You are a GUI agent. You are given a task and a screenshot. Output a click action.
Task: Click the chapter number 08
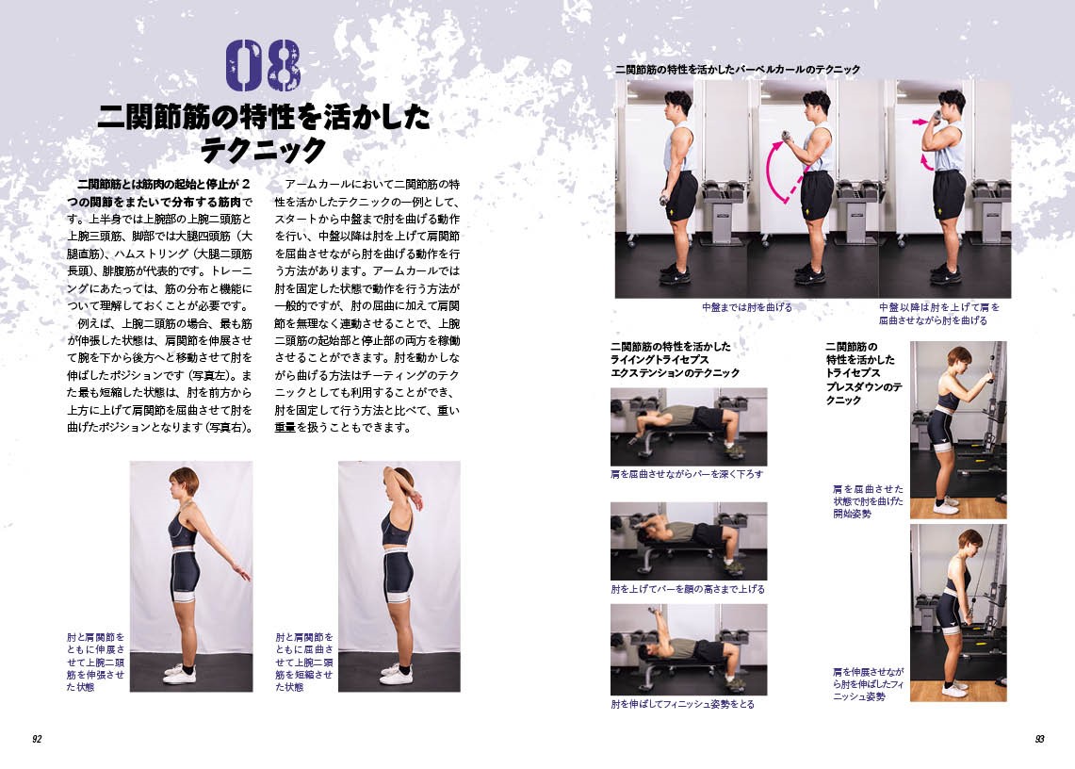(x=263, y=65)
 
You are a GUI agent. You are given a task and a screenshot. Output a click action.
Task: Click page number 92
(x=37, y=739)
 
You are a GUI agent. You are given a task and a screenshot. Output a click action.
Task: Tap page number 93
(x=1039, y=739)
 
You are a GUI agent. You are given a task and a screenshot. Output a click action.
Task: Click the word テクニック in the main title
(x=263, y=150)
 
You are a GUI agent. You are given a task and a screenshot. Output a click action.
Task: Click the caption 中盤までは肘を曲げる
(x=746, y=307)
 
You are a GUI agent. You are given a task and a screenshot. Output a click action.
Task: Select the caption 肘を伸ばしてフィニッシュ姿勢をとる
(x=682, y=704)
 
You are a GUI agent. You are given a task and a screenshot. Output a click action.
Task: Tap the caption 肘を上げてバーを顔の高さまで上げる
(x=688, y=589)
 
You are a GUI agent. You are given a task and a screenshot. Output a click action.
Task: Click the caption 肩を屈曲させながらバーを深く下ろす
(x=687, y=474)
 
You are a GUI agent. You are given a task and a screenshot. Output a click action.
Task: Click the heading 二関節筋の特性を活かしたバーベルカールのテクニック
(x=737, y=70)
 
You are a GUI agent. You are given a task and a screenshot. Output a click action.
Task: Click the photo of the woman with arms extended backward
(x=191, y=576)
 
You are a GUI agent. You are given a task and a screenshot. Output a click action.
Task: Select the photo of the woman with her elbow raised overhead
(x=399, y=576)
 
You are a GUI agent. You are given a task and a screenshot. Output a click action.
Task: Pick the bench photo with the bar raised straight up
(x=689, y=649)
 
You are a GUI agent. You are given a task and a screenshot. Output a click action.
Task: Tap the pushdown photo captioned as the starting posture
(x=958, y=430)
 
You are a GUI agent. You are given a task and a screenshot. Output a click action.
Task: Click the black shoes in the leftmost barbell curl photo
(x=676, y=276)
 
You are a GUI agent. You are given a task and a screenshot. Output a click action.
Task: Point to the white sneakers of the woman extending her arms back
(x=180, y=673)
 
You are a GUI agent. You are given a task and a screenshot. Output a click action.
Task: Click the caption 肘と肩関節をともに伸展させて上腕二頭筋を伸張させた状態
(x=95, y=662)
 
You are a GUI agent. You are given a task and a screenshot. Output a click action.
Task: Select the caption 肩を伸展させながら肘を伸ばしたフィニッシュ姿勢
(x=868, y=684)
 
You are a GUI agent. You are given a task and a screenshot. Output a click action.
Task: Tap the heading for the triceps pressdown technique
(x=862, y=373)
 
